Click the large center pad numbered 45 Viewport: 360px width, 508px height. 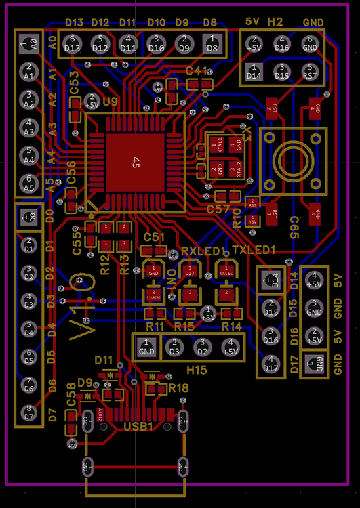(136, 163)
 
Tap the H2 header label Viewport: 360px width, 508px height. (275, 22)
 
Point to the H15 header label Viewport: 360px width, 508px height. (197, 369)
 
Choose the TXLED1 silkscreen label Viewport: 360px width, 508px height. (254, 251)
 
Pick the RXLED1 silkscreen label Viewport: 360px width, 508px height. (203, 251)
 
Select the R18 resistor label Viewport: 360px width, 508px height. (180, 388)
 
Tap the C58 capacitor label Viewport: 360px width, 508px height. (71, 404)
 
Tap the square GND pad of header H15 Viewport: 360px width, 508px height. (146, 350)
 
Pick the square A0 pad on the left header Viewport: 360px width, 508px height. (28, 45)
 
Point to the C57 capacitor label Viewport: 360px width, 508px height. (218, 209)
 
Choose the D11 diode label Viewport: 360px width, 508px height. (104, 359)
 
